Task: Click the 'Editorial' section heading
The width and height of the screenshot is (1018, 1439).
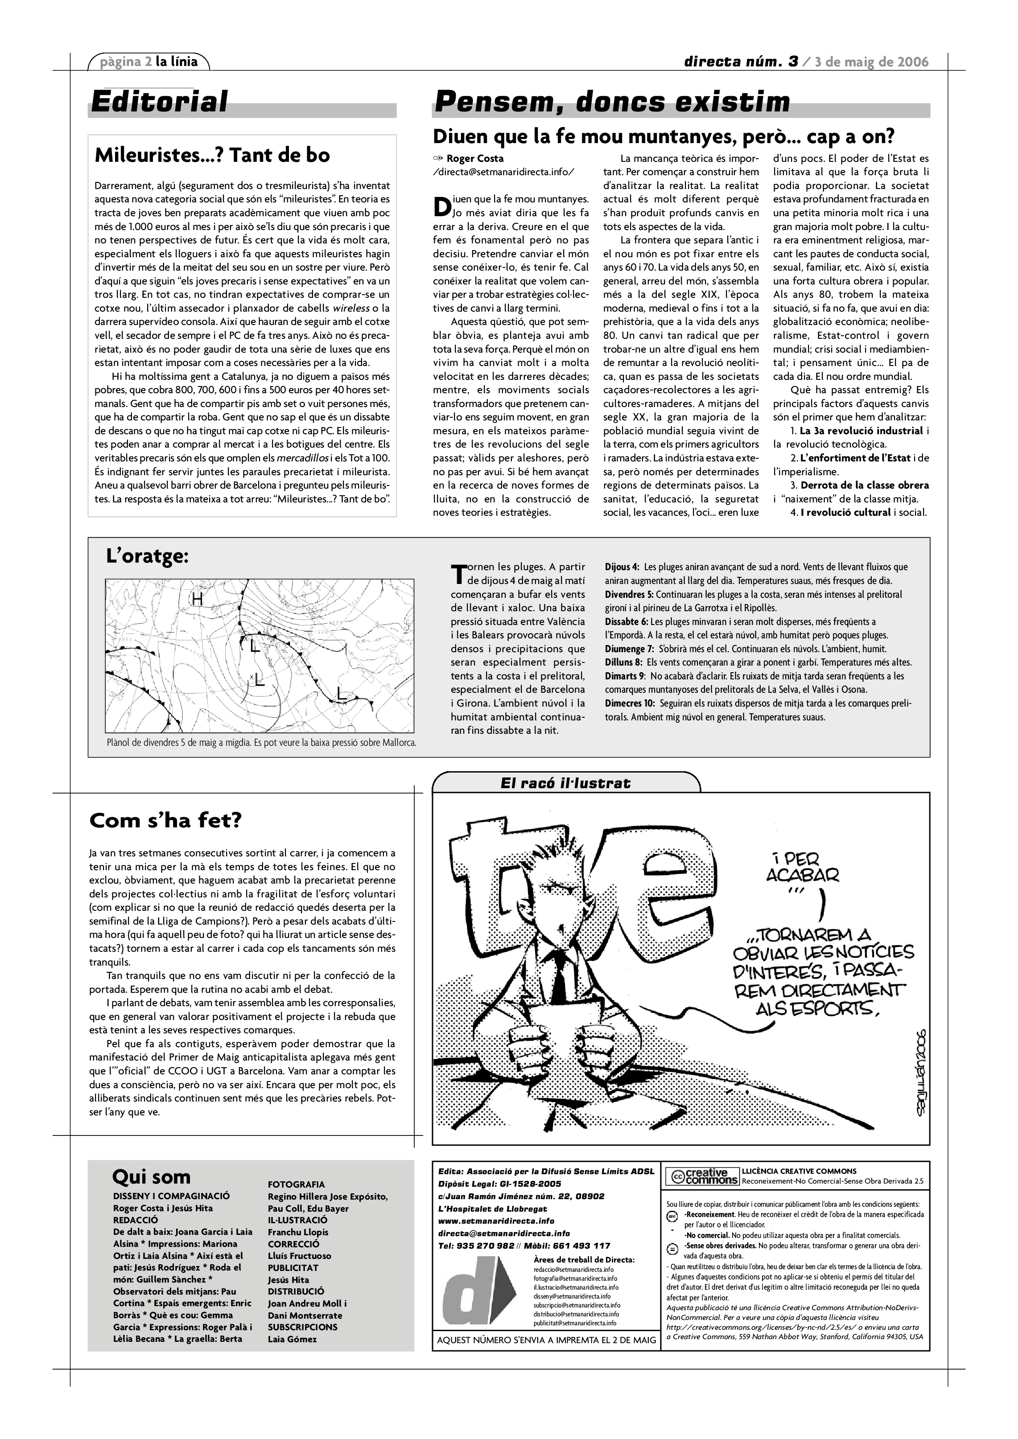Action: [x=159, y=102]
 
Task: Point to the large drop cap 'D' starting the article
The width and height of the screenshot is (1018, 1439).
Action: [x=441, y=207]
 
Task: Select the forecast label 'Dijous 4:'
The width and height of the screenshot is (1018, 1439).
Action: [x=622, y=567]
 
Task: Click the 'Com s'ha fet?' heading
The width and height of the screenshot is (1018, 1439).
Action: [x=165, y=820]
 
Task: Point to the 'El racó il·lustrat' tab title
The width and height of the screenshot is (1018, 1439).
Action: [x=565, y=783]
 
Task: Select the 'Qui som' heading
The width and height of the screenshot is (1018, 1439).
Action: [x=151, y=1176]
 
